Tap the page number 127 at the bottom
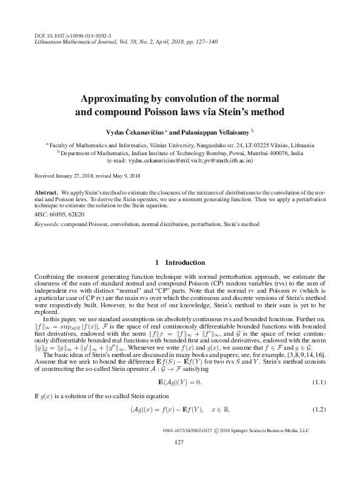click(179, 442)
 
